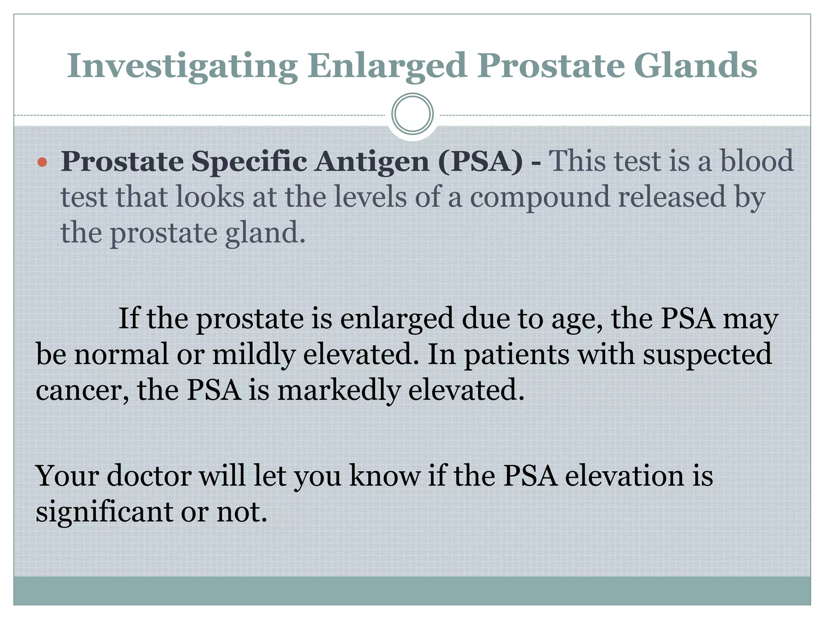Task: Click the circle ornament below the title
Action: point(412,114)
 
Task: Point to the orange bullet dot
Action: point(42,163)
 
